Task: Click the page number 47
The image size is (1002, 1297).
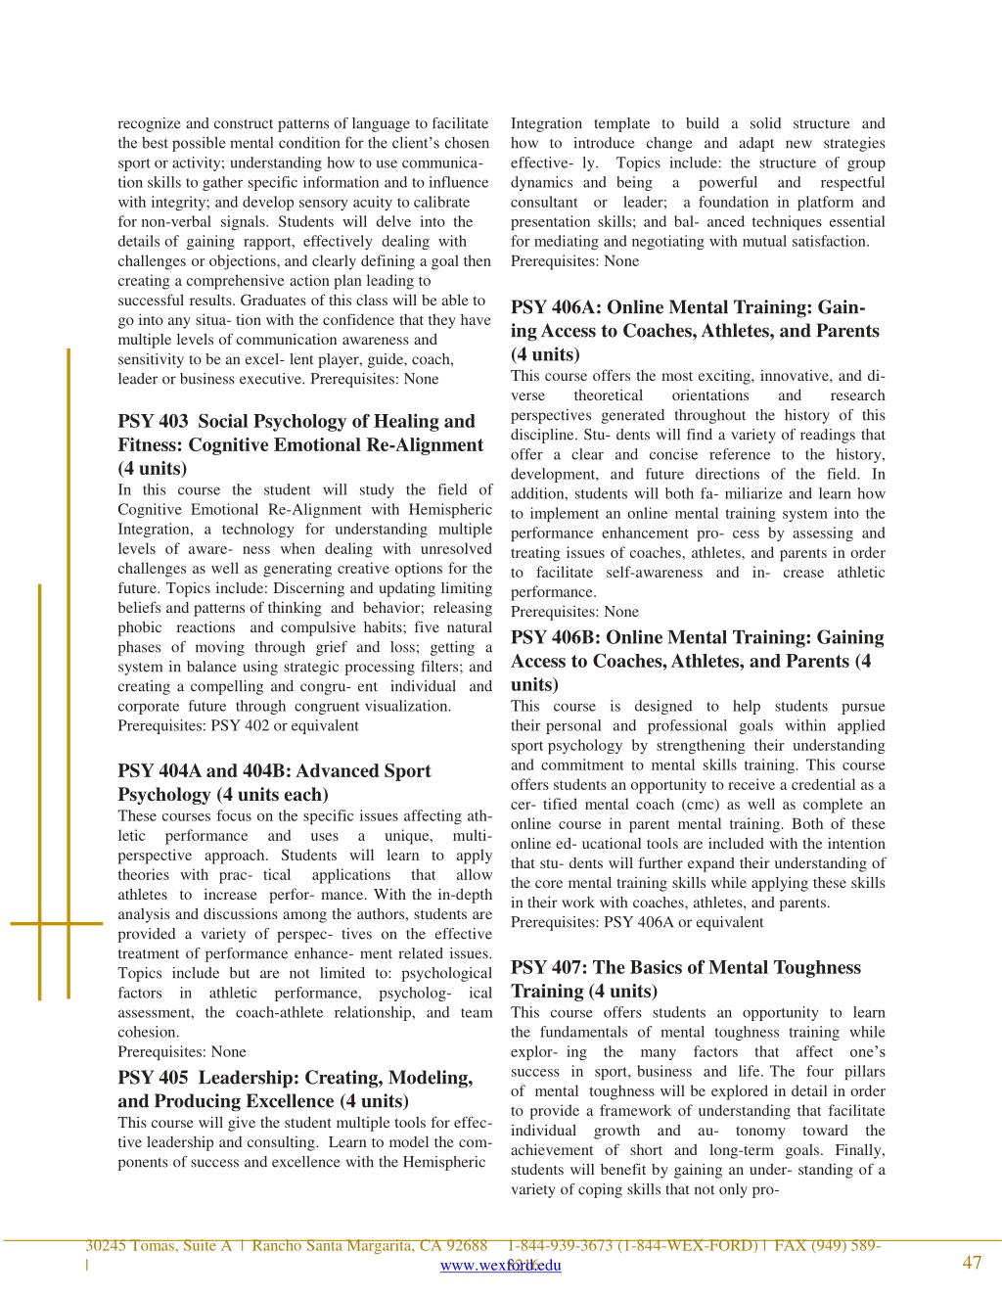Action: click(x=972, y=1263)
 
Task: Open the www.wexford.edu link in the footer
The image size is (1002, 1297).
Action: click(x=500, y=1266)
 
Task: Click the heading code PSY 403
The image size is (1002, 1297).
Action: click(x=153, y=422)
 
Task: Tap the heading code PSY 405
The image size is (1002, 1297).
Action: click(x=153, y=1078)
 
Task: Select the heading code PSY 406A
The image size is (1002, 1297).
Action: click(x=554, y=307)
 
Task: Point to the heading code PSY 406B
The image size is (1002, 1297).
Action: click(x=554, y=637)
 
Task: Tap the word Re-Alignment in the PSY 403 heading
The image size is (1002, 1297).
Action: click(x=425, y=445)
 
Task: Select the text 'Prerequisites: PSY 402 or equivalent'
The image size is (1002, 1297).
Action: click(x=238, y=726)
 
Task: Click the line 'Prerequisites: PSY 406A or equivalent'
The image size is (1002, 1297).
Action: click(x=637, y=922)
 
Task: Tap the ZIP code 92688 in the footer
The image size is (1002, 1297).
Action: click(x=466, y=1246)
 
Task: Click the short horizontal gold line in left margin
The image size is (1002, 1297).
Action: click(x=56, y=923)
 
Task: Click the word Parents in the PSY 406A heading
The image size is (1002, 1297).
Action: click(x=845, y=331)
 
